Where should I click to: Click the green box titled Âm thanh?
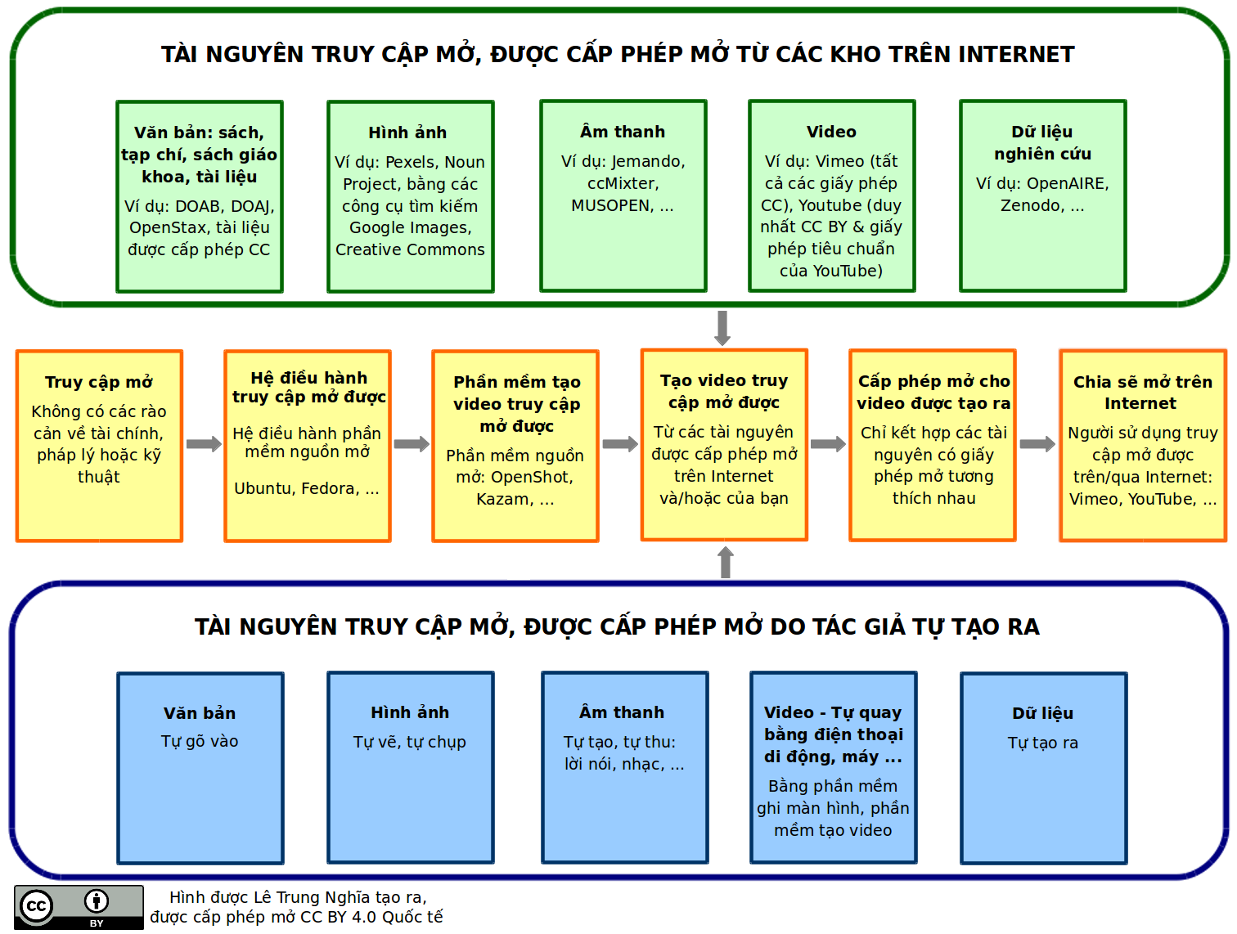[623, 195]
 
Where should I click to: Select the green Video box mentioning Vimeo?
[831, 195]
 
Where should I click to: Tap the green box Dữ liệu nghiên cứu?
[1042, 195]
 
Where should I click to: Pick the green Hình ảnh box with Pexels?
[410, 196]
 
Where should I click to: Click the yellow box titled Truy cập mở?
[99, 446]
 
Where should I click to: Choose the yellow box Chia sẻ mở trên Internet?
[1143, 446]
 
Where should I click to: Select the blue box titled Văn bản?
[200, 768]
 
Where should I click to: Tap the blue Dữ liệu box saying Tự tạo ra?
[1043, 768]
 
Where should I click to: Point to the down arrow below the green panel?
[722, 327]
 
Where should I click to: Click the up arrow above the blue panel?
[725, 562]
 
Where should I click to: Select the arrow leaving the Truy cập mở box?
[204, 444]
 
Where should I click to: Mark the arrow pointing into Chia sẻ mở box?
[1037, 444]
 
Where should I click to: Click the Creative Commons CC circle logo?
[36, 906]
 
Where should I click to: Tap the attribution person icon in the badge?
[97, 901]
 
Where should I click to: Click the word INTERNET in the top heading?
[1016, 55]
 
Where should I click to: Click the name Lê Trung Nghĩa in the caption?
[290, 897]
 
